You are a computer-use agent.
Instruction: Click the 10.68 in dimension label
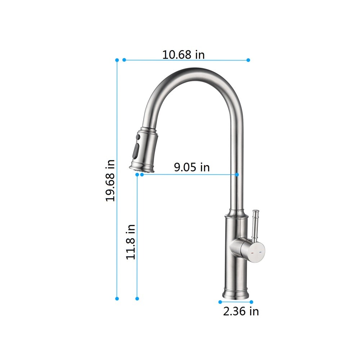coord(183,55)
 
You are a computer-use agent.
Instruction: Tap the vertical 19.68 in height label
coord(110,180)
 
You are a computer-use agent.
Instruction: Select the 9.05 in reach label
coord(192,167)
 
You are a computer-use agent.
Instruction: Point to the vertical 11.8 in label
coord(131,242)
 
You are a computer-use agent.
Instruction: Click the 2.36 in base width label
coord(241,311)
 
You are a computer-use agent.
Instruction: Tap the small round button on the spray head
coord(137,137)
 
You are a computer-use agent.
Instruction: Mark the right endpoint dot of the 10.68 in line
coord(248,60)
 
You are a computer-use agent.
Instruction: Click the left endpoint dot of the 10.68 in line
coord(124,60)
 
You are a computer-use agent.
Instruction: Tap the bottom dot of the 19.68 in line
coord(117,298)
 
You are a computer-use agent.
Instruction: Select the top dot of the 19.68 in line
coord(117,60)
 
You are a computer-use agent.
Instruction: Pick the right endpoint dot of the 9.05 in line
coord(237,175)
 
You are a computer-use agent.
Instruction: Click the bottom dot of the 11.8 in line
coord(137,298)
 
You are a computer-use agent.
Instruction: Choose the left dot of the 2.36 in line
coord(220,302)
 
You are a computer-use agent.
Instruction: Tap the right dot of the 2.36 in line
coord(251,302)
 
